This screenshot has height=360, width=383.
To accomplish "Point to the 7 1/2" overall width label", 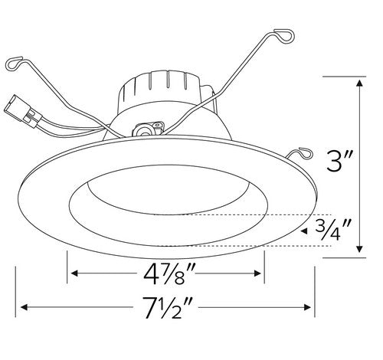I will click(165, 309).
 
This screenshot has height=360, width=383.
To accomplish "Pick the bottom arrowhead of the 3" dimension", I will click(359, 254).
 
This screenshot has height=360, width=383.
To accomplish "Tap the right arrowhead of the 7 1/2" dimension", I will click(309, 308).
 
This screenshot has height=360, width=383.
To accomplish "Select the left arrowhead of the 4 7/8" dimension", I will click(74, 273).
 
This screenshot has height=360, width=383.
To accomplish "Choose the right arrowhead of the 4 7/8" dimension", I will click(260, 273).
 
